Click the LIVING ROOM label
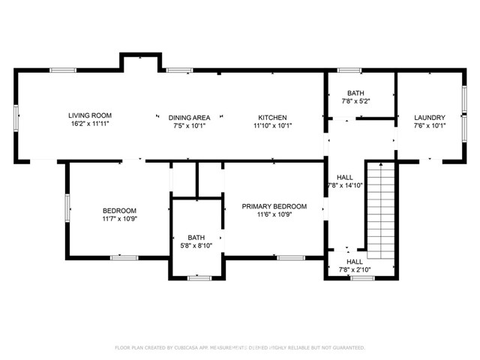pyautogui.click(x=90, y=116)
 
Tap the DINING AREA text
pyautogui.click(x=187, y=118)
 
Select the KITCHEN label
pyautogui.click(x=272, y=118)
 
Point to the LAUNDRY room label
pyautogui.click(x=430, y=118)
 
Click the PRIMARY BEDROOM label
pyautogui.click(x=274, y=206)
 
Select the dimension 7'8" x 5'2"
pyautogui.click(x=356, y=100)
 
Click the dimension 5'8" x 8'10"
pyautogui.click(x=196, y=246)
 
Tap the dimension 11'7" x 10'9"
pyautogui.click(x=119, y=219)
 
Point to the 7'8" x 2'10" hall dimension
pyautogui.click(x=355, y=269)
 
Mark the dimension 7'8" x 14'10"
pyautogui.click(x=345, y=185)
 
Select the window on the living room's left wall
pyautogui.click(x=16, y=118)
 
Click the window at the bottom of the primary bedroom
pyautogui.click(x=290, y=257)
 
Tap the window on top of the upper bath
pyautogui.click(x=349, y=70)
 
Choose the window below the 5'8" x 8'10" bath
pyautogui.click(x=199, y=278)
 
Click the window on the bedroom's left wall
pyautogui.click(x=67, y=208)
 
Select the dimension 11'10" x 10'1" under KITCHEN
pyautogui.click(x=272, y=126)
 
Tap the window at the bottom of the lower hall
pyautogui.click(x=362, y=278)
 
